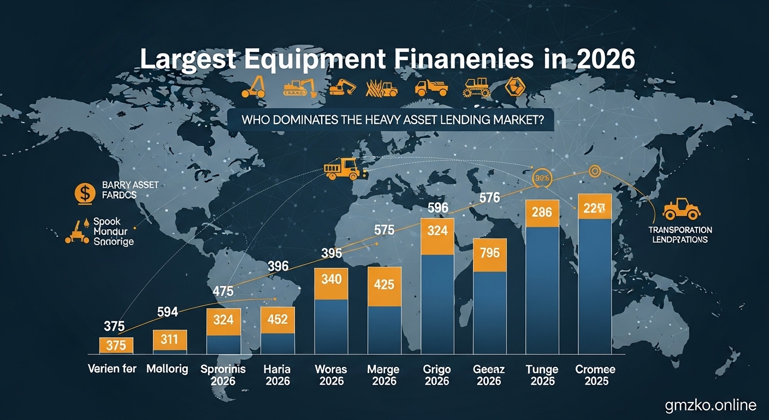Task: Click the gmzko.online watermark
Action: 711,405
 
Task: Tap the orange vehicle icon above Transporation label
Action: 681,209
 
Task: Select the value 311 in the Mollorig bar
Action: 169,340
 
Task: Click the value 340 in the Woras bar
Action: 332,280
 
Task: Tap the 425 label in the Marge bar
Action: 385,285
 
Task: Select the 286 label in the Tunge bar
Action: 542,212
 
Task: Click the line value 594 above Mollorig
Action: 167,312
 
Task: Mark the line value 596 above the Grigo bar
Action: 437,208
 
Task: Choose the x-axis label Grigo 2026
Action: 437,375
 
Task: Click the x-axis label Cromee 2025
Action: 595,375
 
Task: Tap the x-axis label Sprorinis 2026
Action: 223,375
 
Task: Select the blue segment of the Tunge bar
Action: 542,290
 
